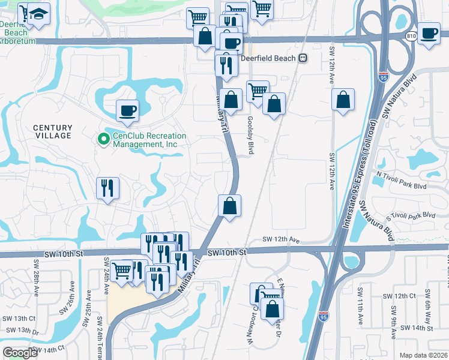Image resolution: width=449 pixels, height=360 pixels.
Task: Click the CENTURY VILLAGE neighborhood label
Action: pos(52,132)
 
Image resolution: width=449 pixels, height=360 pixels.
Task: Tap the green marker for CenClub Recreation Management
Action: pos(103,139)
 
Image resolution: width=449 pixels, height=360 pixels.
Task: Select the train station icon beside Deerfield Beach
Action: pos(303,58)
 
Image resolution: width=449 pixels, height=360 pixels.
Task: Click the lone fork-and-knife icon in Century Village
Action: pos(108,188)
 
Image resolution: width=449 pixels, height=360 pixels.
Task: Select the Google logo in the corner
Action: pos(20,353)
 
